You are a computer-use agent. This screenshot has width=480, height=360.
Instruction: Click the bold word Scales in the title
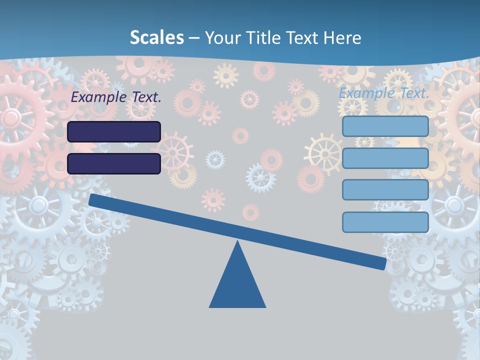click(x=156, y=38)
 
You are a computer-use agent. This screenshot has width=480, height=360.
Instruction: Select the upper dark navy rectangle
click(x=114, y=131)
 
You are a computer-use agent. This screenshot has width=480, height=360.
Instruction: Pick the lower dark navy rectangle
click(x=114, y=163)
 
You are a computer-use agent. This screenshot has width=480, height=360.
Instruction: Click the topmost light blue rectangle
click(x=385, y=126)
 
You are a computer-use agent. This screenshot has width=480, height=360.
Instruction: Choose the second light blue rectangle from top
click(x=385, y=158)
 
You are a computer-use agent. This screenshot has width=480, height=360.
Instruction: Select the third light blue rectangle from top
click(x=385, y=190)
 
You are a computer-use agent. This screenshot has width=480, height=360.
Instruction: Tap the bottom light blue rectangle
click(x=385, y=222)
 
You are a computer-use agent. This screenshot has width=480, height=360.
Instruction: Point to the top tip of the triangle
click(x=237, y=242)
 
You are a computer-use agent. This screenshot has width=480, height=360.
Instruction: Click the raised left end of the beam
click(x=93, y=199)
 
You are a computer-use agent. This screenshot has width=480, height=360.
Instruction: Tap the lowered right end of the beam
click(x=382, y=263)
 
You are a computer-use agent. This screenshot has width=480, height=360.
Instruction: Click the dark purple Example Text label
click(x=116, y=97)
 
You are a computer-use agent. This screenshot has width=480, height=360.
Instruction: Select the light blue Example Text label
click(x=384, y=93)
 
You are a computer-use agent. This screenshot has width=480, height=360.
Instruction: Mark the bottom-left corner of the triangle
click(x=210, y=306)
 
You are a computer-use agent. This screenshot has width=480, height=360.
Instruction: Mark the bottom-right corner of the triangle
click(x=265, y=306)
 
